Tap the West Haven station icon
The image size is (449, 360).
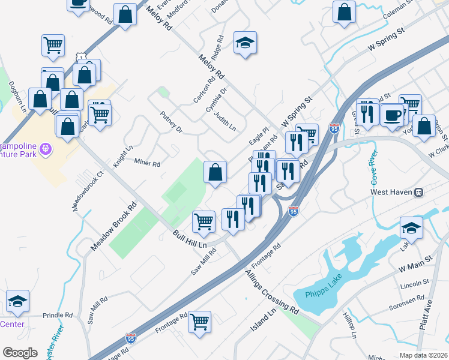click(x=419, y=193)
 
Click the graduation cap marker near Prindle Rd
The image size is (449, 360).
click(x=17, y=302)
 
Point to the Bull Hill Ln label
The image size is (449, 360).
click(x=190, y=240)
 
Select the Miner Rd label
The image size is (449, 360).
click(x=147, y=163)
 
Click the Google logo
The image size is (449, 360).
click(x=20, y=353)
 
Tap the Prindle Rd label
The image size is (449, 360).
click(x=57, y=314)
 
